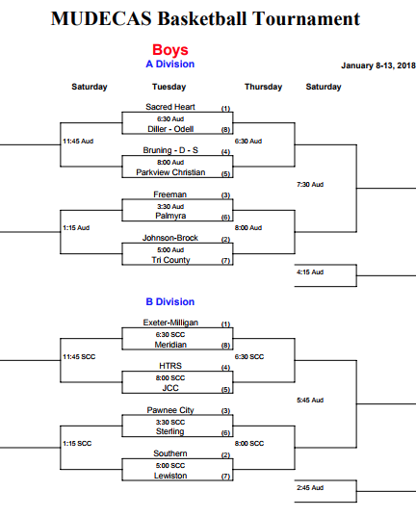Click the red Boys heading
pos(170,50)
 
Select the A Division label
pos(170,64)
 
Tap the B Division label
pos(170,301)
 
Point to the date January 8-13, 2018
pos(378,65)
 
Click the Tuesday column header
pos(169,87)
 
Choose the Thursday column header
pos(263,87)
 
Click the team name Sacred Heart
pos(170,107)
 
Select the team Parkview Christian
pos(170,172)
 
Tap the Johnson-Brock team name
pos(170,238)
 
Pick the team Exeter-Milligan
pos(170,323)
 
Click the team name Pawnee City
pos(170,410)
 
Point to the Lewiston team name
pos(170,476)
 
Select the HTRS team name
pos(170,366)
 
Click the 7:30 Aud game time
pos(310,184)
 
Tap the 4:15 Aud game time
pos(310,272)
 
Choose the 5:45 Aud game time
pos(310,400)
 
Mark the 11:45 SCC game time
pos(79,357)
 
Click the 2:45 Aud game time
pos(310,488)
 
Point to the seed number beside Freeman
pos(225,195)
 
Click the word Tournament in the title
pos(306,18)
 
